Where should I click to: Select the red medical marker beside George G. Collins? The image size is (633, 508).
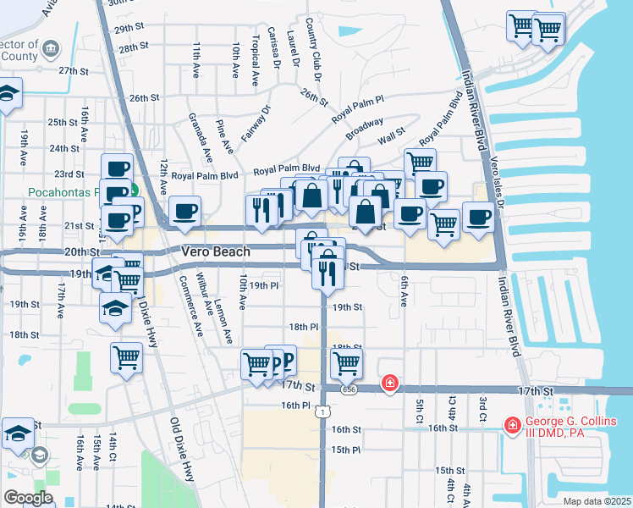click(x=512, y=423)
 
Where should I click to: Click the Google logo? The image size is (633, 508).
click(x=28, y=498)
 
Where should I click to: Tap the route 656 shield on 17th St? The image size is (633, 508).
click(x=349, y=389)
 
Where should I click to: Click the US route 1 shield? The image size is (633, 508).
click(x=322, y=411)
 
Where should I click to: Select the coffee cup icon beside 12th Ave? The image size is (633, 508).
click(x=184, y=212)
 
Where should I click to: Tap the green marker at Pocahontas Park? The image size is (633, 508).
click(x=132, y=191)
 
